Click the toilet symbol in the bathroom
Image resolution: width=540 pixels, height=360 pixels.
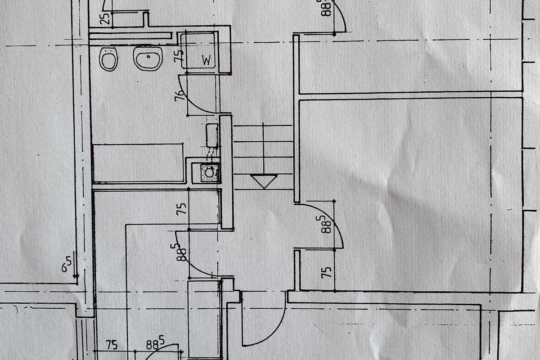[108, 59]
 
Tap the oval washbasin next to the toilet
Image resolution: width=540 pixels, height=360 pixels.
[148, 58]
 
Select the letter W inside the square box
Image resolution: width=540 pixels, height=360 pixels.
[207, 61]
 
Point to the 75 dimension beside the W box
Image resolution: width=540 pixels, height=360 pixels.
[180, 54]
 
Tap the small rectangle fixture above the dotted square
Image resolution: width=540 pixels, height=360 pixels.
[212, 135]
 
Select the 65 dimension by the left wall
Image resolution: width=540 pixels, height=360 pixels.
[67, 264]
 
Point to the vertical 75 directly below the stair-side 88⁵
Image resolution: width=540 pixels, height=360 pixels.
[328, 272]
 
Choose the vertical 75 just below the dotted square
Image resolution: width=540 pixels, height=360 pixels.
[181, 210]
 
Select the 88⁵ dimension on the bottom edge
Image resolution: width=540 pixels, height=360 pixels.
[154, 344]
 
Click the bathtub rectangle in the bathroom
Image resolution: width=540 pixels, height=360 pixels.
[138, 162]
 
